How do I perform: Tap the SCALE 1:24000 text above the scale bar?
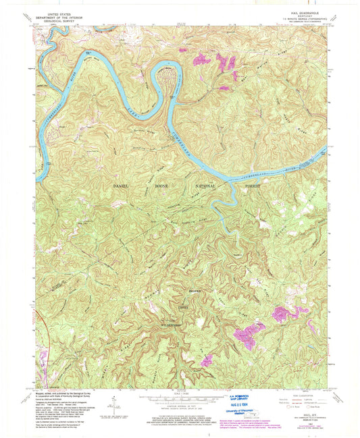tap(181, 394)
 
